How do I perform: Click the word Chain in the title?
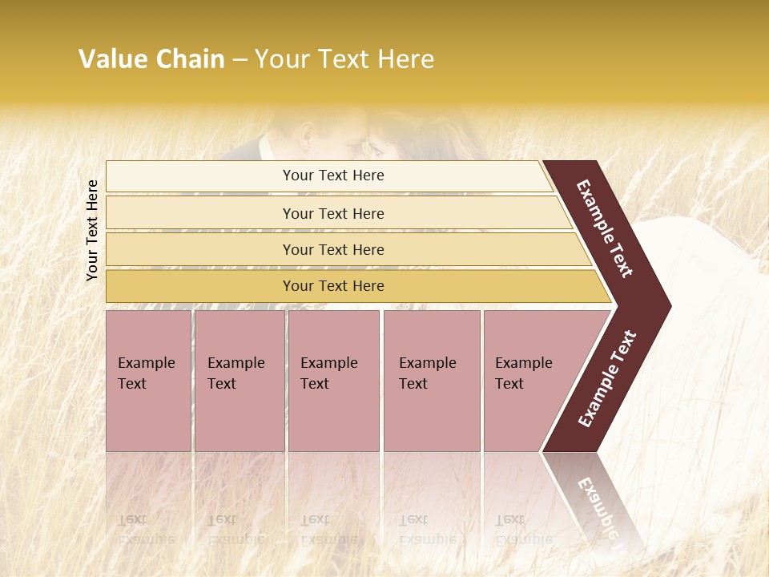pyautogui.click(x=191, y=59)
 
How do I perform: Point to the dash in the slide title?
pyautogui.click(x=240, y=60)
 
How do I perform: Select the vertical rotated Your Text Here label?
pyautogui.click(x=92, y=230)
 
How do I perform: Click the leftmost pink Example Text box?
pyautogui.click(x=148, y=381)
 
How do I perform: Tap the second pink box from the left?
pyautogui.click(x=239, y=381)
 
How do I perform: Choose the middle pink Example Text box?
pyautogui.click(x=333, y=381)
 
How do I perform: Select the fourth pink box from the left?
pyautogui.click(x=432, y=381)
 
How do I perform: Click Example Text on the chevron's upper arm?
pyautogui.click(x=605, y=228)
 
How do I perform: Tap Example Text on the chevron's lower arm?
pyautogui.click(x=606, y=379)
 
